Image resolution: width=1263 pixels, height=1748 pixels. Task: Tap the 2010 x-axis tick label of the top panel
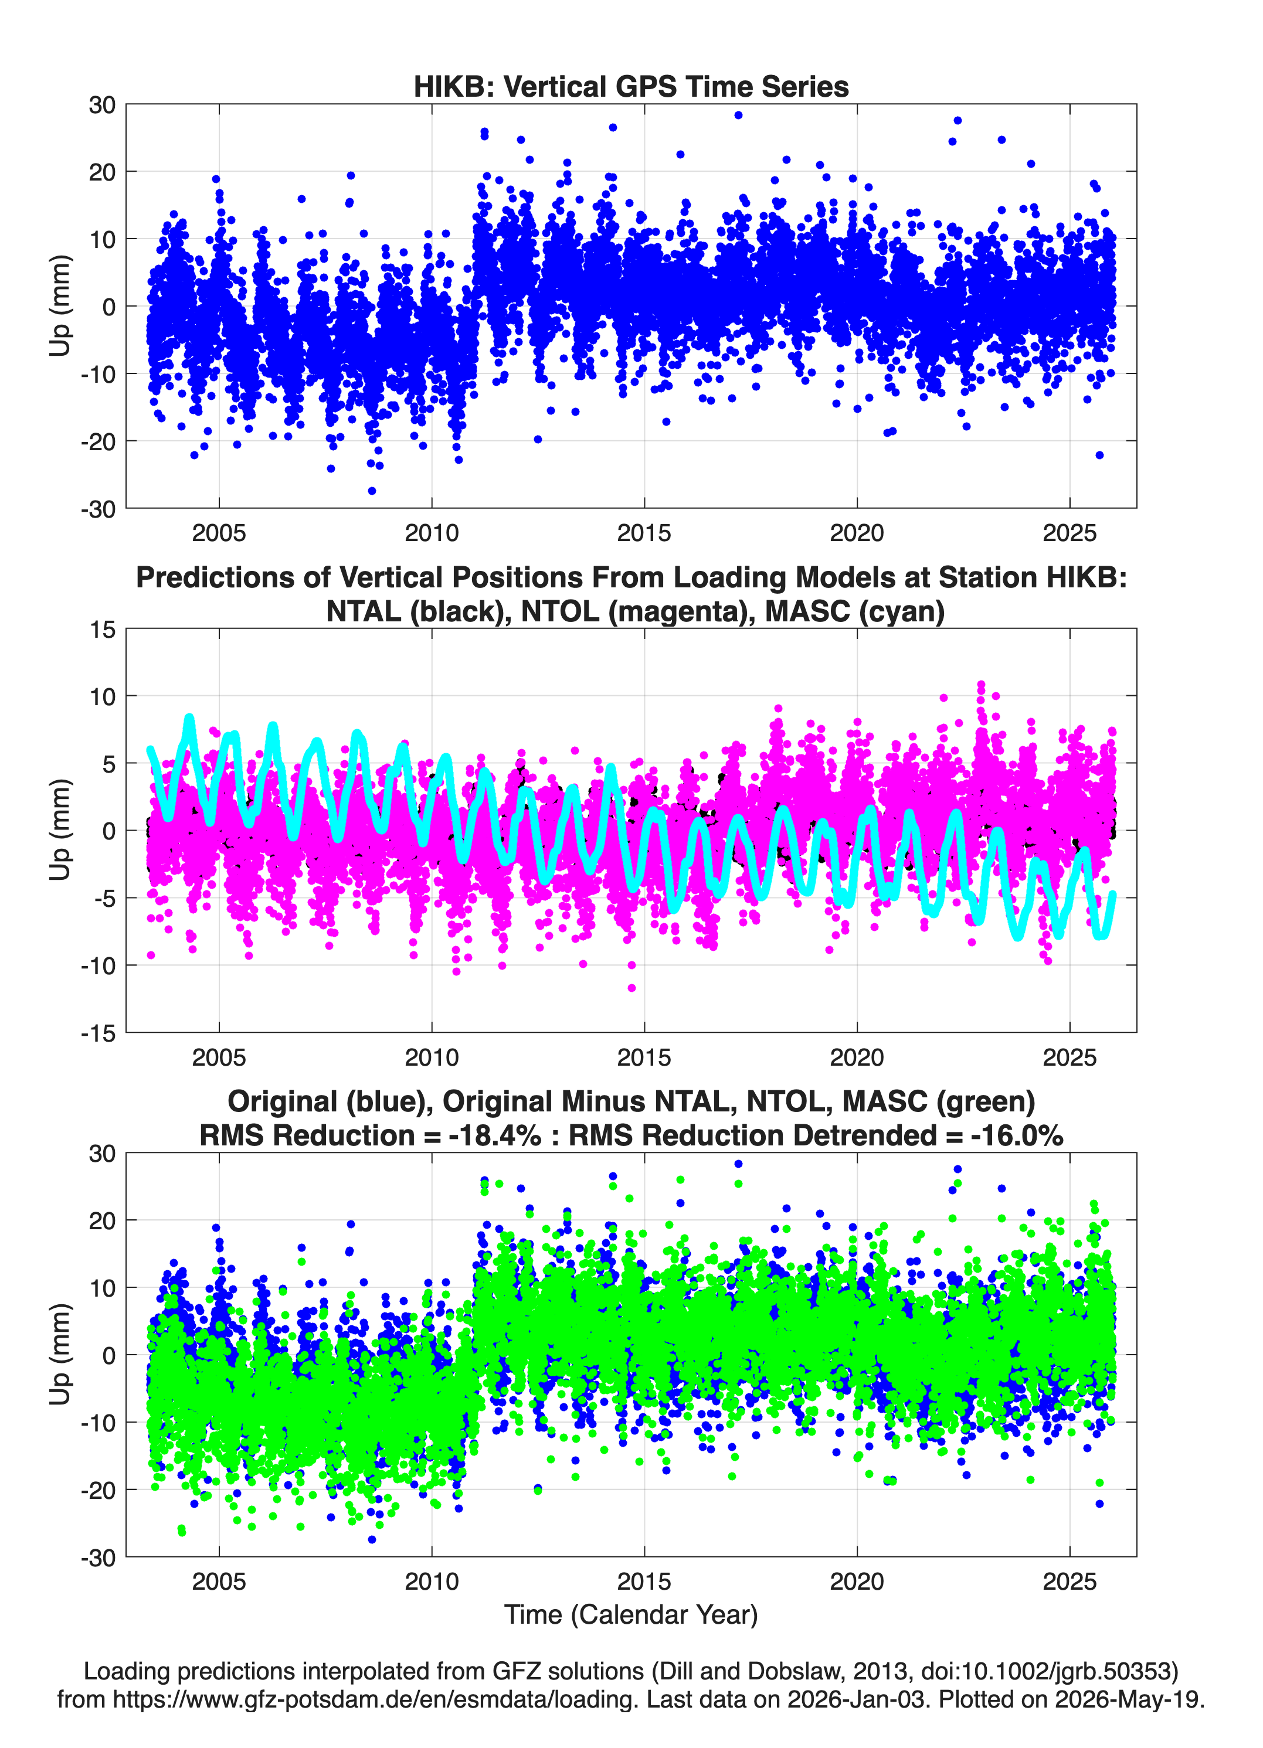[x=432, y=533]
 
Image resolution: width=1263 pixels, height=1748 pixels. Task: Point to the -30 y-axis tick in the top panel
[x=98, y=509]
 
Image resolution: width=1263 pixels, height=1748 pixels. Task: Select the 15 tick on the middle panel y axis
[x=103, y=629]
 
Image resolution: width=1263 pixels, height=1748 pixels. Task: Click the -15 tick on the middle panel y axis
[x=98, y=1033]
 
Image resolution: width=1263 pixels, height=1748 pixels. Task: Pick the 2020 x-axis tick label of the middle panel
[x=857, y=1057]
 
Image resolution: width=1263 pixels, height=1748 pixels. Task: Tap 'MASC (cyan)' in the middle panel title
[x=855, y=611]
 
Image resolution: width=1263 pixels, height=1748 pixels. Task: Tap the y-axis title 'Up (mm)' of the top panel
[x=60, y=306]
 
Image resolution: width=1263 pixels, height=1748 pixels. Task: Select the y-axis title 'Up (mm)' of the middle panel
[x=60, y=830]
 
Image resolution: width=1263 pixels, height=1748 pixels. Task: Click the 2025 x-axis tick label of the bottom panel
[x=1070, y=1581]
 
